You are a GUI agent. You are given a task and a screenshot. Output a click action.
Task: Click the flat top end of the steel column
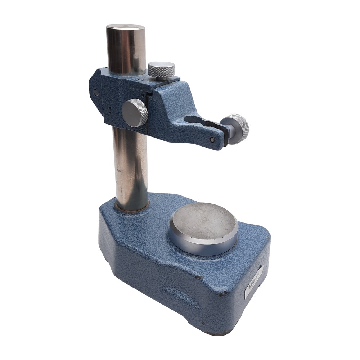[125, 27]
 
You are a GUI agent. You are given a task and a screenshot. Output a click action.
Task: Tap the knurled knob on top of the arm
[161, 69]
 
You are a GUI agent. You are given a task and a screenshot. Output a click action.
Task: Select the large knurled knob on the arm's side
[135, 113]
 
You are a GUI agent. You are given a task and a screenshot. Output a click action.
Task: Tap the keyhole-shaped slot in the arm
[196, 121]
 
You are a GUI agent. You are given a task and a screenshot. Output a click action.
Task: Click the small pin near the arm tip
[212, 139]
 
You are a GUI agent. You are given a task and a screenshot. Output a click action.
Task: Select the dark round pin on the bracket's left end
[96, 93]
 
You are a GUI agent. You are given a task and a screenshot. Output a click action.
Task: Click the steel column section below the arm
[131, 166]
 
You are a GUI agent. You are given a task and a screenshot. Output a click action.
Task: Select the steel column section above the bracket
[126, 50]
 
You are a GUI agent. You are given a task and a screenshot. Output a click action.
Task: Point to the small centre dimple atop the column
[125, 26]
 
